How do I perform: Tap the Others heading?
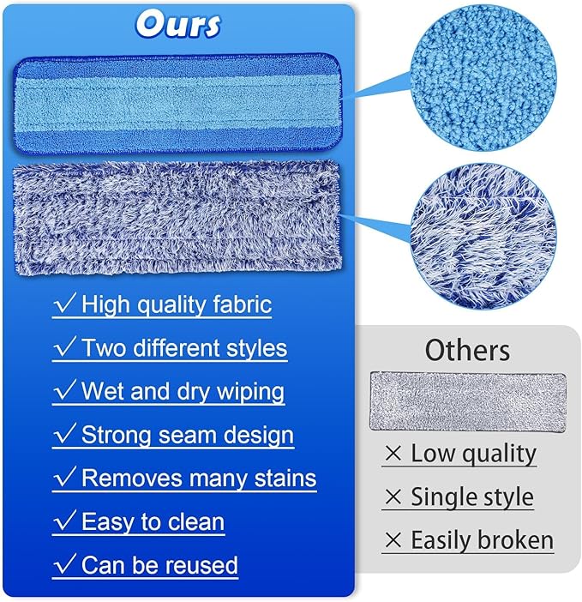pyautogui.click(x=467, y=350)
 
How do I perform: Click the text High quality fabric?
pyautogui.click(x=176, y=304)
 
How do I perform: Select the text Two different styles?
pyautogui.click(x=183, y=347)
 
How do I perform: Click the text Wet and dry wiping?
pyautogui.click(x=183, y=391)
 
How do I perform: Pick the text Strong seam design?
pyautogui.click(x=187, y=435)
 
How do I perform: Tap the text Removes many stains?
pyautogui.click(x=198, y=478)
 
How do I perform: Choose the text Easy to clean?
pyautogui.click(x=153, y=521)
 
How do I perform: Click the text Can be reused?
pyautogui.click(x=159, y=565)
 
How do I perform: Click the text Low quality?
pyautogui.click(x=473, y=454)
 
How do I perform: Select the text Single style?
pyautogui.click(x=471, y=497)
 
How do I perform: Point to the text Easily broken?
pyautogui.click(x=482, y=541)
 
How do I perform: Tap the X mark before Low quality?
pyautogui.click(x=393, y=455)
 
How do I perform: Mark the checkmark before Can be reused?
pyautogui.click(x=64, y=564)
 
